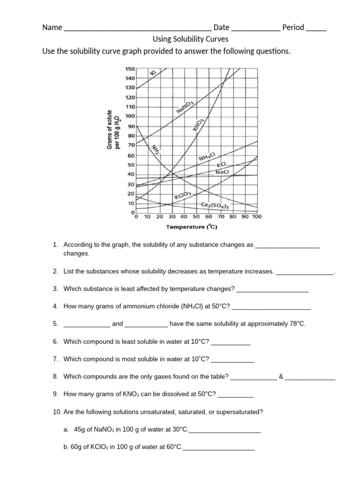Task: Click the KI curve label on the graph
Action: (x=153, y=72)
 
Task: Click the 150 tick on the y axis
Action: (x=130, y=68)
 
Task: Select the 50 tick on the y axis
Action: (x=131, y=165)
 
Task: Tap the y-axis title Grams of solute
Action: (x=110, y=130)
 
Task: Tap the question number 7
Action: (x=56, y=359)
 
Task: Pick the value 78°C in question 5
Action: (x=294, y=324)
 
